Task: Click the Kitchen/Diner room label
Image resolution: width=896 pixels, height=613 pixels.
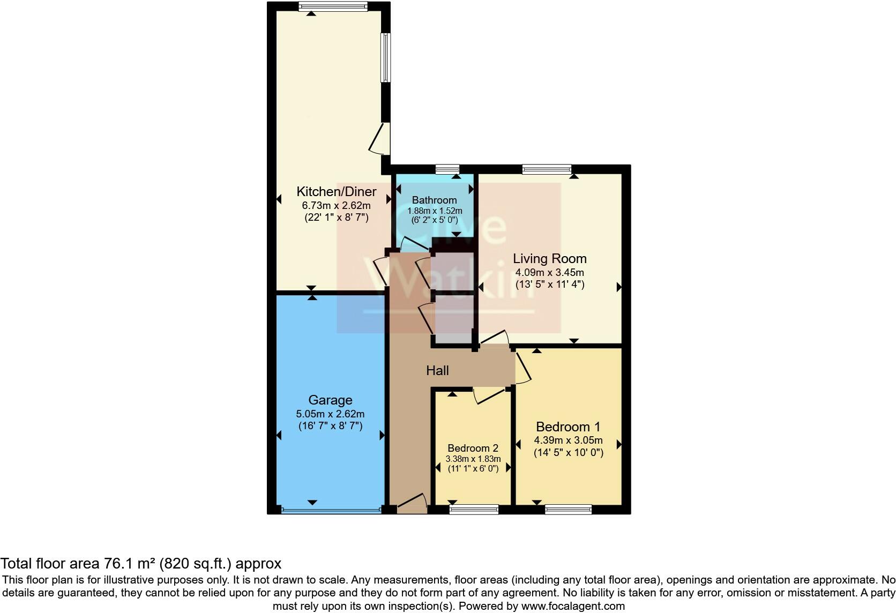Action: coord(337,191)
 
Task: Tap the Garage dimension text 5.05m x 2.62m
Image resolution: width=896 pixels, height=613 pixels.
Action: coord(330,414)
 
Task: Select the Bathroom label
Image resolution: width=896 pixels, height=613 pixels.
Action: coord(434,200)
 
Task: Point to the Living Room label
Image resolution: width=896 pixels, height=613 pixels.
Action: coord(550,258)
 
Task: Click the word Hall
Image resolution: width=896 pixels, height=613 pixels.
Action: coord(437,370)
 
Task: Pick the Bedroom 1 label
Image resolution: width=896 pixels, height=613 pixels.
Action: coord(568,427)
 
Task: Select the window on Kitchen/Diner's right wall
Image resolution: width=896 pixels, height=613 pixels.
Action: coord(385,58)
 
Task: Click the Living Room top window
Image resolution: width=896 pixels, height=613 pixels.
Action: coord(547,169)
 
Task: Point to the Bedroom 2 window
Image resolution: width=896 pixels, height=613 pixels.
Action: coord(474,510)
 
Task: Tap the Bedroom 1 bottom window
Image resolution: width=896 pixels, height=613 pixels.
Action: coord(569,510)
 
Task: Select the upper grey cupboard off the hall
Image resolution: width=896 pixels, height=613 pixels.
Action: coord(453,272)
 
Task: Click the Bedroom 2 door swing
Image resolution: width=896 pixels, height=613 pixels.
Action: coord(489,395)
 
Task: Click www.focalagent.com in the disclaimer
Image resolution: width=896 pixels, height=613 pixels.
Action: coord(572,607)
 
